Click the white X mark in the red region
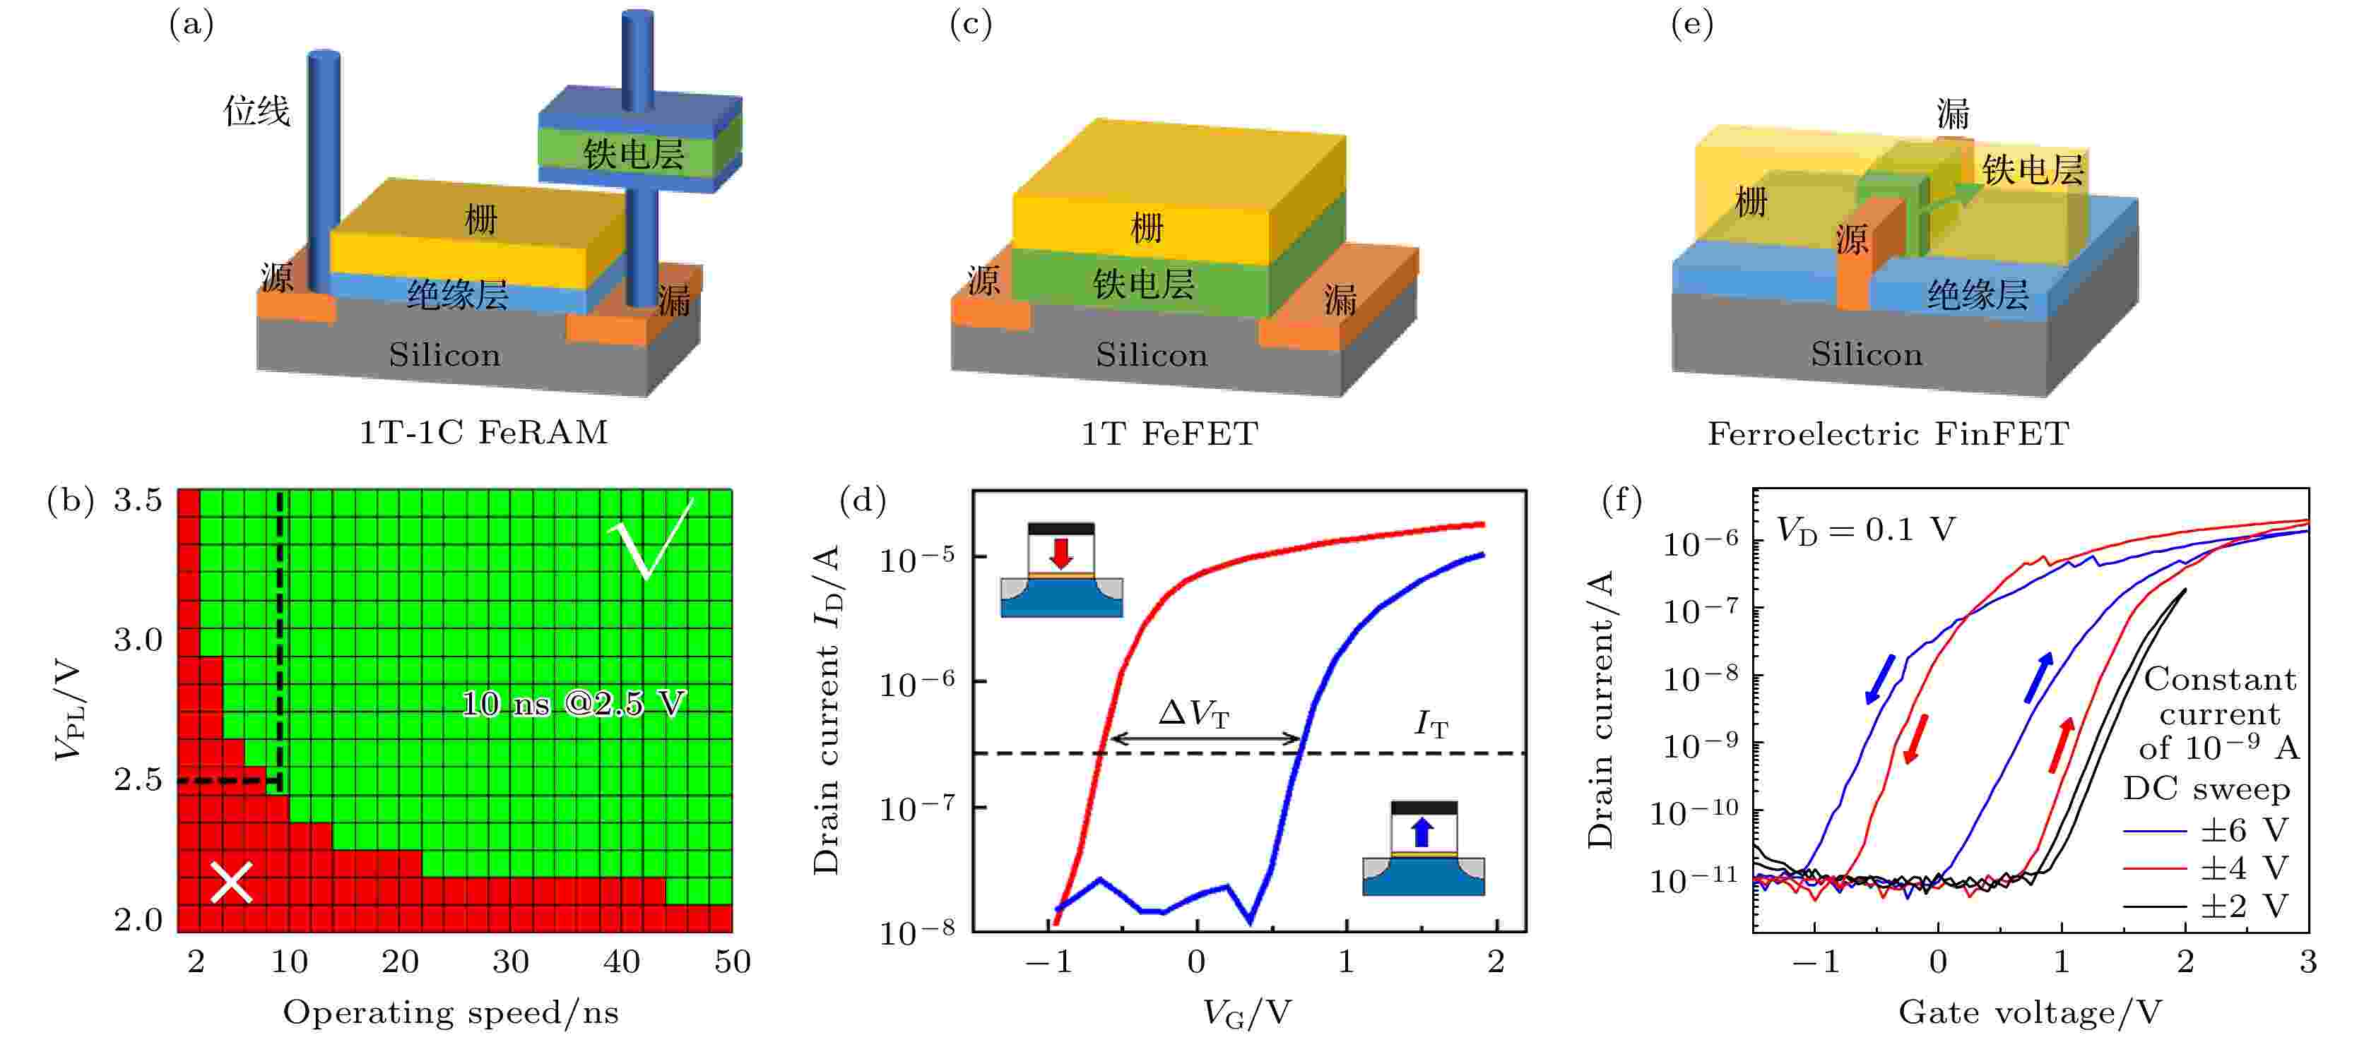coord(231,882)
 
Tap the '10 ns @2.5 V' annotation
coord(573,704)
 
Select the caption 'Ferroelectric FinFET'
coord(1888,433)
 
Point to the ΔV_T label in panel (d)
coord(1193,713)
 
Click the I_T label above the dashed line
coord(1431,724)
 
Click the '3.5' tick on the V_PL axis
coord(138,501)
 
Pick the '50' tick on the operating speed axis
coord(733,962)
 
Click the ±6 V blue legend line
coord(2155,831)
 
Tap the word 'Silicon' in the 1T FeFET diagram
coord(1152,355)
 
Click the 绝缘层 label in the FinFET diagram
coord(1978,295)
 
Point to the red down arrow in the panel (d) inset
coord(1061,553)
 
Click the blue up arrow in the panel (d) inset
coord(1422,832)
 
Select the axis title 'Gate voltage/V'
coord(2030,1012)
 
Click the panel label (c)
coord(970,25)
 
